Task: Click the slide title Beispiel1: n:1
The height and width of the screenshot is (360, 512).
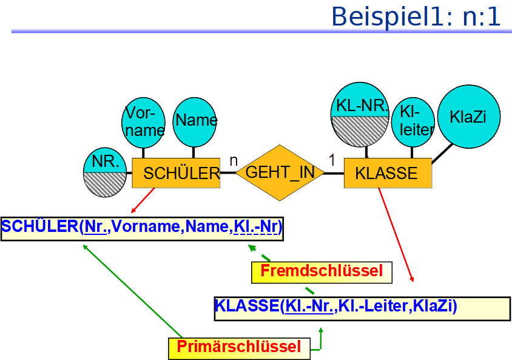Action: click(x=416, y=16)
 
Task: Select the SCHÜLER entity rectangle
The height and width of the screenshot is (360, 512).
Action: click(x=176, y=174)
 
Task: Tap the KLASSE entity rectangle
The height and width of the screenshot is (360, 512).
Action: click(x=388, y=174)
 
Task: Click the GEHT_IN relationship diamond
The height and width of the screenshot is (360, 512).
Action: click(x=280, y=172)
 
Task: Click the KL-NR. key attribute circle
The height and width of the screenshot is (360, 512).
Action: click(x=362, y=115)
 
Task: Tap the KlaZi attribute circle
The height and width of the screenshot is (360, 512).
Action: click(x=468, y=117)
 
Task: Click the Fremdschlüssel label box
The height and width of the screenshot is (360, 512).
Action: click(x=322, y=271)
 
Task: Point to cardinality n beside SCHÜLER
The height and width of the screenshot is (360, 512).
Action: click(x=232, y=161)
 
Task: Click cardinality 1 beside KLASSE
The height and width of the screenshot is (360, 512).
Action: click(x=331, y=160)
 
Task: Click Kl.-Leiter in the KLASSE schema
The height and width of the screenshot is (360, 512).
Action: click(x=372, y=305)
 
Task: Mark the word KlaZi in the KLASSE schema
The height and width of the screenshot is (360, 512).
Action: click(x=432, y=305)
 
